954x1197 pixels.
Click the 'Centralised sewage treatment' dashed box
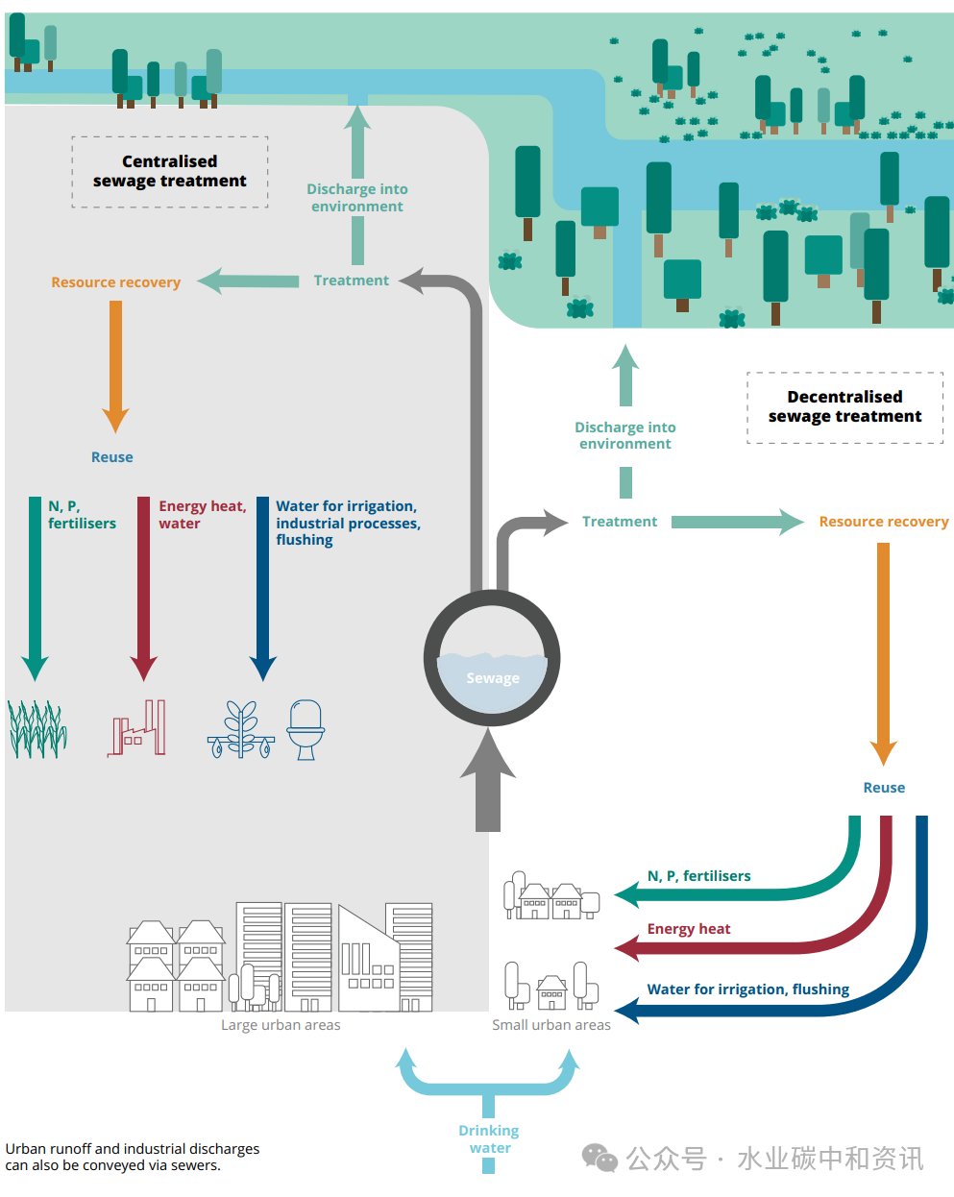pyautogui.click(x=170, y=172)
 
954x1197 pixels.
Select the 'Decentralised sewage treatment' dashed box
pyautogui.click(x=844, y=407)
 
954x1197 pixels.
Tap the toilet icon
pyautogui.click(x=306, y=730)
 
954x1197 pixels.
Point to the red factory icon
pyautogui.click(x=136, y=730)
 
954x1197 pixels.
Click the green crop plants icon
pyautogui.click(x=37, y=730)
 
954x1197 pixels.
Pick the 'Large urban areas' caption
pyautogui.click(x=281, y=1025)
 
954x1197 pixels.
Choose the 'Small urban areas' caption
pyautogui.click(x=551, y=1025)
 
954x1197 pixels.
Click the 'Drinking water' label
pyautogui.click(x=489, y=1139)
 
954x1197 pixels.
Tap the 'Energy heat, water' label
pyautogui.click(x=202, y=515)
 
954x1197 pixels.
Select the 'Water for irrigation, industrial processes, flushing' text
pyautogui.click(x=347, y=523)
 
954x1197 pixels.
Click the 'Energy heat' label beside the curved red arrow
pyautogui.click(x=688, y=929)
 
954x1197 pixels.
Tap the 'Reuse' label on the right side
pyautogui.click(x=884, y=788)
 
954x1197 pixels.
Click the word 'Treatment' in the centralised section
pyautogui.click(x=351, y=281)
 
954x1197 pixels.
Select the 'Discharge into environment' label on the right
pyautogui.click(x=625, y=435)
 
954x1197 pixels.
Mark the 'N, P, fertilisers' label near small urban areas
pyautogui.click(x=698, y=876)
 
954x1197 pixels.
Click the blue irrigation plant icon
pyautogui.click(x=241, y=730)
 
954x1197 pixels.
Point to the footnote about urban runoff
pyautogui.click(x=133, y=1157)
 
